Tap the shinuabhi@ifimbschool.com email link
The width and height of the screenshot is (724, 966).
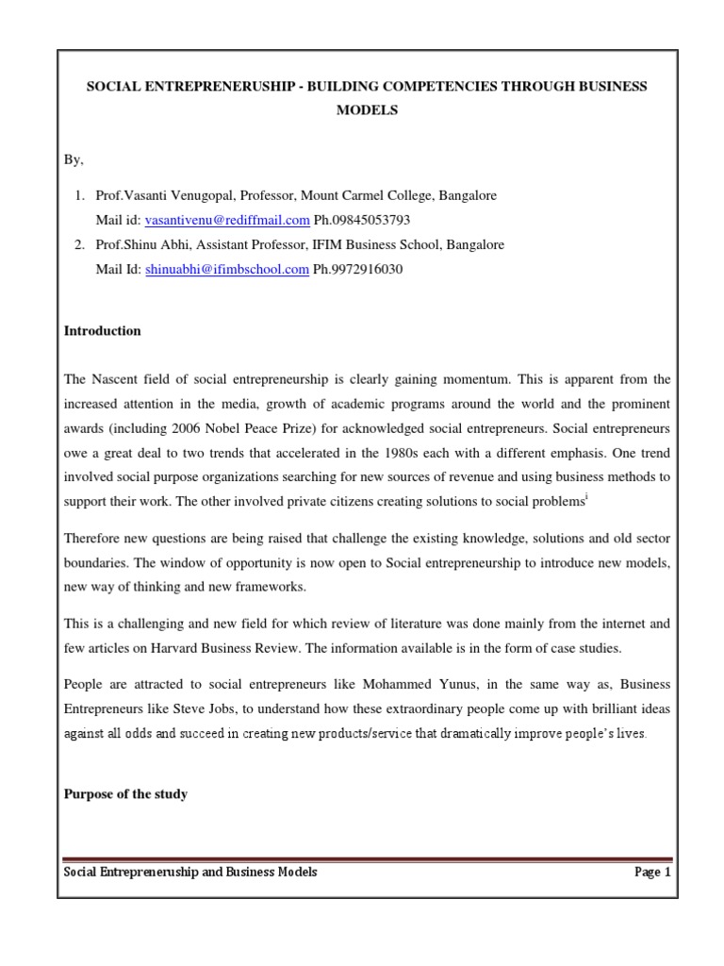pos(226,269)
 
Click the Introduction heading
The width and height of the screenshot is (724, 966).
pos(102,331)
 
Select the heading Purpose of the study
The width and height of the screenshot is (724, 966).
pos(124,794)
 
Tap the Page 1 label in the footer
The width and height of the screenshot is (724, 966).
pos(652,873)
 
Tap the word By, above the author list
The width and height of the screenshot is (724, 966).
pos(74,159)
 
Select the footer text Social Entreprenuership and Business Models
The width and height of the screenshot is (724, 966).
pos(189,873)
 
